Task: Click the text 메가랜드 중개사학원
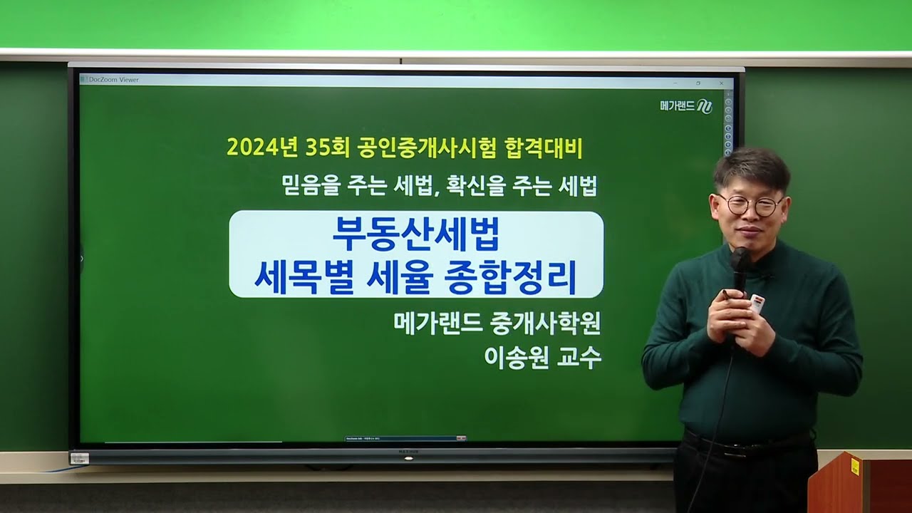pos(497,323)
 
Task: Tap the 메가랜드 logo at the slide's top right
pos(685,107)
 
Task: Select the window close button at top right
pos(721,83)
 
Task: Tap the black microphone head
pos(740,259)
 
